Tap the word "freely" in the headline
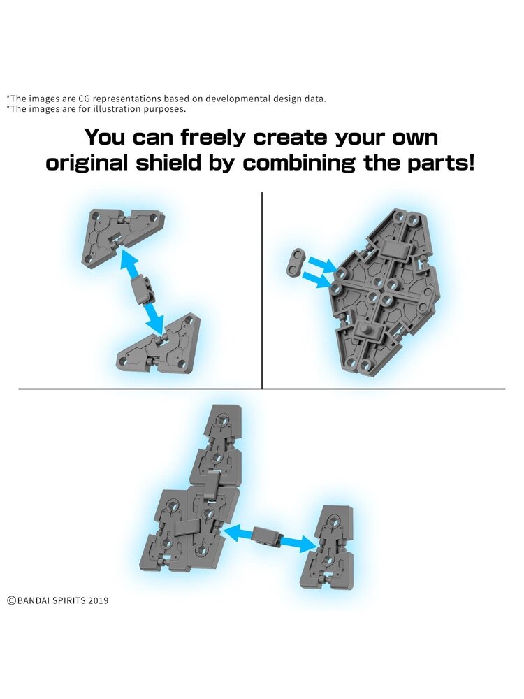(x=213, y=138)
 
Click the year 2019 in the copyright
(x=98, y=600)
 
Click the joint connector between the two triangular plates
(x=143, y=289)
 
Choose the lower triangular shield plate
(x=158, y=344)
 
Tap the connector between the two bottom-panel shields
(x=266, y=535)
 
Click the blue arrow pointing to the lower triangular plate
(x=154, y=317)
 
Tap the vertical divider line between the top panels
(x=262, y=290)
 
